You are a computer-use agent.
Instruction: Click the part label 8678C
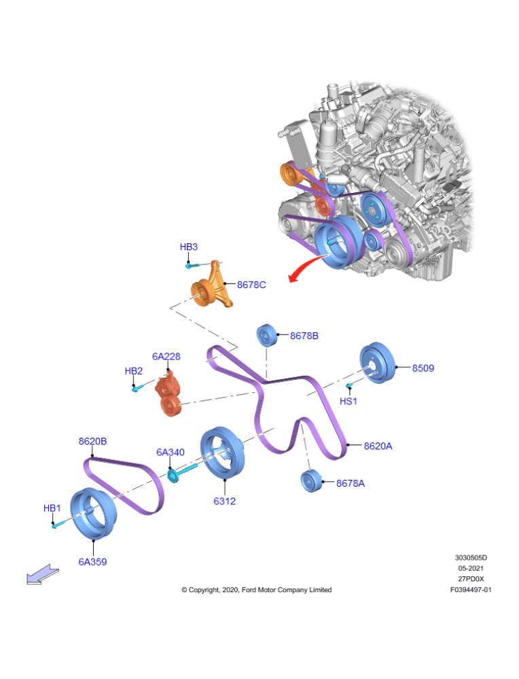click(251, 285)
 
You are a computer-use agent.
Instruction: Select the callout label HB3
click(188, 247)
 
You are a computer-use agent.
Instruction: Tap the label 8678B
click(304, 336)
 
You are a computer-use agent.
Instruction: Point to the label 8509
click(423, 368)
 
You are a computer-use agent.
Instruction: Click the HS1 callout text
click(348, 402)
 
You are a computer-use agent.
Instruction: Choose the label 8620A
click(378, 447)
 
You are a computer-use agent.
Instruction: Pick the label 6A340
click(170, 452)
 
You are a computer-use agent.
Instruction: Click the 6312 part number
click(224, 502)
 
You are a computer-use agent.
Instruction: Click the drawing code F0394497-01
click(470, 590)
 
